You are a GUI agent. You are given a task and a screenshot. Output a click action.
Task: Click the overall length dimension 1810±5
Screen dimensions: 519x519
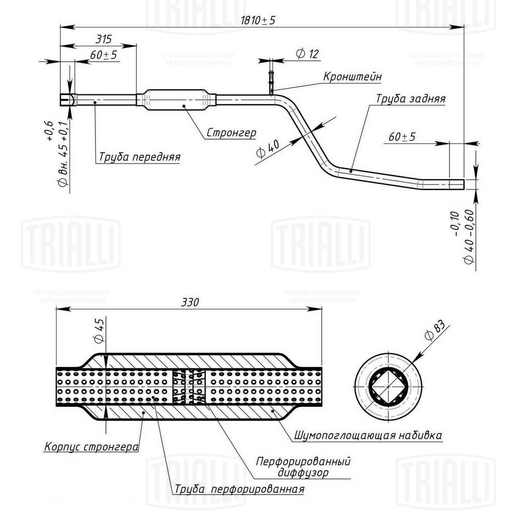click(258, 20)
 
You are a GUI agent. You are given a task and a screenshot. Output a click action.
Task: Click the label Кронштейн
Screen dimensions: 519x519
click(352, 76)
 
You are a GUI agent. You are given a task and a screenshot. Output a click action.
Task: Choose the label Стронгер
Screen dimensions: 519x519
click(231, 132)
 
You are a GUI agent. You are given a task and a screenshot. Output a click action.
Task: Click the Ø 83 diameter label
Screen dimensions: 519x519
click(435, 331)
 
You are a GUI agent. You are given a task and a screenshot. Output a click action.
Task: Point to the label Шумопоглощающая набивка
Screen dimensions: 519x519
click(368, 434)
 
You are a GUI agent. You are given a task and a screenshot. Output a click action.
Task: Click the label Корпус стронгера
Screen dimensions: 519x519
click(91, 446)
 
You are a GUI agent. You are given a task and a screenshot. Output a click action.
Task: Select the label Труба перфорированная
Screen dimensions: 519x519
click(239, 489)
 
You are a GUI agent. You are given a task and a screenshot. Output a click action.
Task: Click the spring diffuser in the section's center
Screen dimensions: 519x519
click(189, 387)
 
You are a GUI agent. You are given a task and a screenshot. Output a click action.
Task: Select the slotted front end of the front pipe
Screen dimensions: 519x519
click(66, 99)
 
